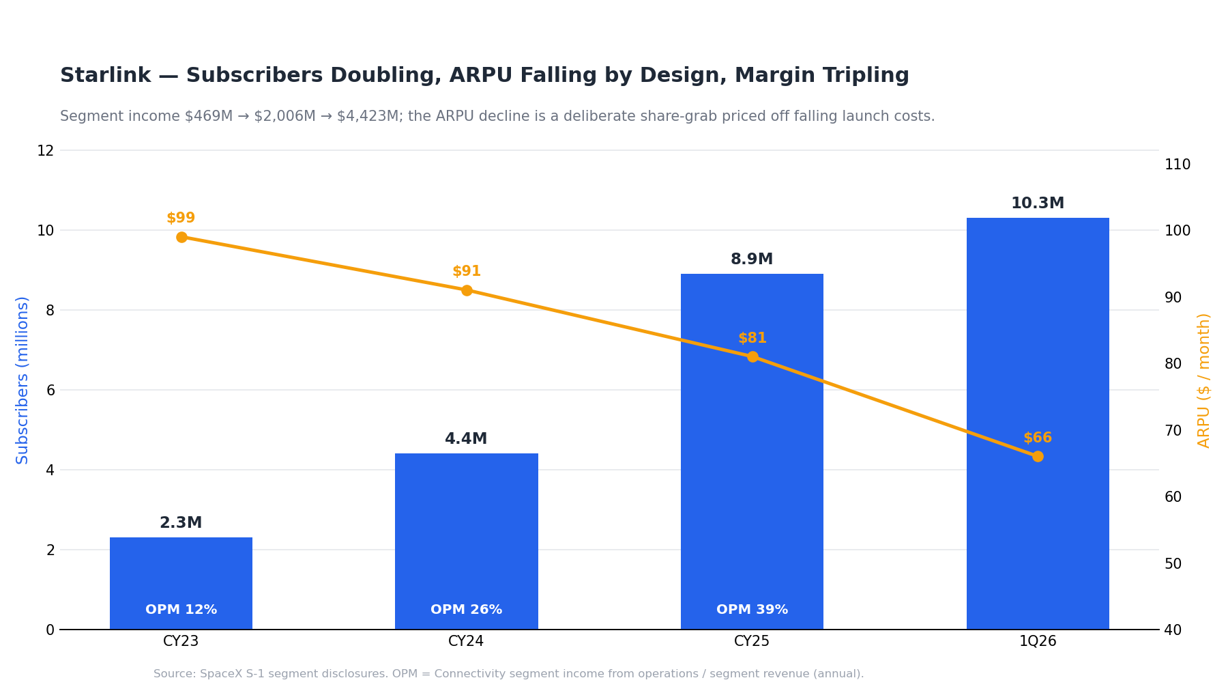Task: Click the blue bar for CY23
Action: coord(181,583)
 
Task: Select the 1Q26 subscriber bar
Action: coord(1038,423)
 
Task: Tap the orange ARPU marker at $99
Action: coord(181,238)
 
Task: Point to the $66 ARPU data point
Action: coord(1038,456)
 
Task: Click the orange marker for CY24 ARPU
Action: coord(467,290)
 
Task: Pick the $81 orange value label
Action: coord(752,338)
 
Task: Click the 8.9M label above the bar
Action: coord(752,259)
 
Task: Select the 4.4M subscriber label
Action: coord(466,439)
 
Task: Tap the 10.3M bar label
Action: coord(1038,203)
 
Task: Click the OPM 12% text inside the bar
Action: coord(181,610)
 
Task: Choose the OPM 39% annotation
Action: coord(752,610)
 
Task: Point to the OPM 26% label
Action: coord(466,610)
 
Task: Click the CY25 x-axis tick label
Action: coord(752,642)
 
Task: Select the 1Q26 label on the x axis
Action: coord(1038,642)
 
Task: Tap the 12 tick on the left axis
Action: coord(45,151)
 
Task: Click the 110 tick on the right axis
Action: coord(1178,165)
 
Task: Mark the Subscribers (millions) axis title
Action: coord(23,380)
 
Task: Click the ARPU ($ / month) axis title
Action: coord(1204,380)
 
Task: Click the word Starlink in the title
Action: coord(105,76)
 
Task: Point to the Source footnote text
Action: coord(508,674)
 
